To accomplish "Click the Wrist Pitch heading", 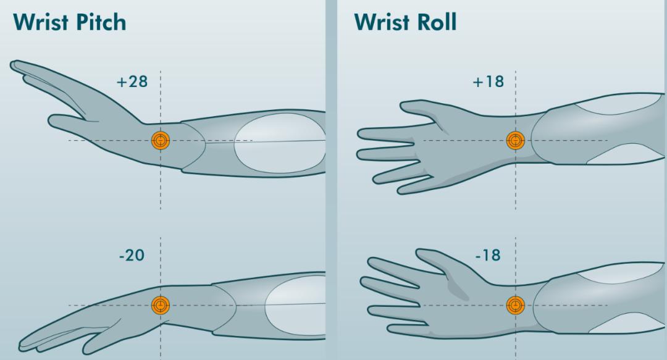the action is tap(69, 22).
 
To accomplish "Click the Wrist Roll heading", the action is tap(405, 22).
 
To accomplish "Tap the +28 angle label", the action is tap(132, 82).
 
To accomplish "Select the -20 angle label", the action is tap(132, 255).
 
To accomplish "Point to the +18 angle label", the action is tap(489, 82).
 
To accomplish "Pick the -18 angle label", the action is tap(488, 255).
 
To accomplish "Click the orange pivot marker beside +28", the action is tap(161, 140).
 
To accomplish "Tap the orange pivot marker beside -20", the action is tap(161, 305).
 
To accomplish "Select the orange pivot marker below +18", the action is tap(516, 140).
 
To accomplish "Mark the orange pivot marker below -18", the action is tap(516, 305).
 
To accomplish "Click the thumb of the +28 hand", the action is tap(68, 121).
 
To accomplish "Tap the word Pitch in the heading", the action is tap(100, 22).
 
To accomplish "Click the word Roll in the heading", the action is tap(437, 22).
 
